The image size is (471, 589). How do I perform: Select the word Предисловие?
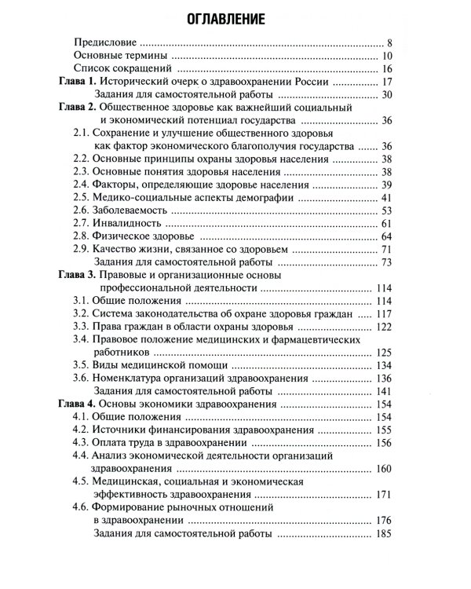104,42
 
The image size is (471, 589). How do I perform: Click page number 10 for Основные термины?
386,56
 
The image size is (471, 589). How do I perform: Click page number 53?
385,210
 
